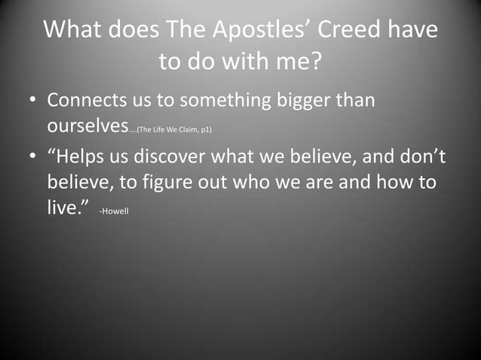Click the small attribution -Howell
(114, 211)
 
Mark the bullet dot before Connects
(33, 101)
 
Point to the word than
(357, 100)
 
